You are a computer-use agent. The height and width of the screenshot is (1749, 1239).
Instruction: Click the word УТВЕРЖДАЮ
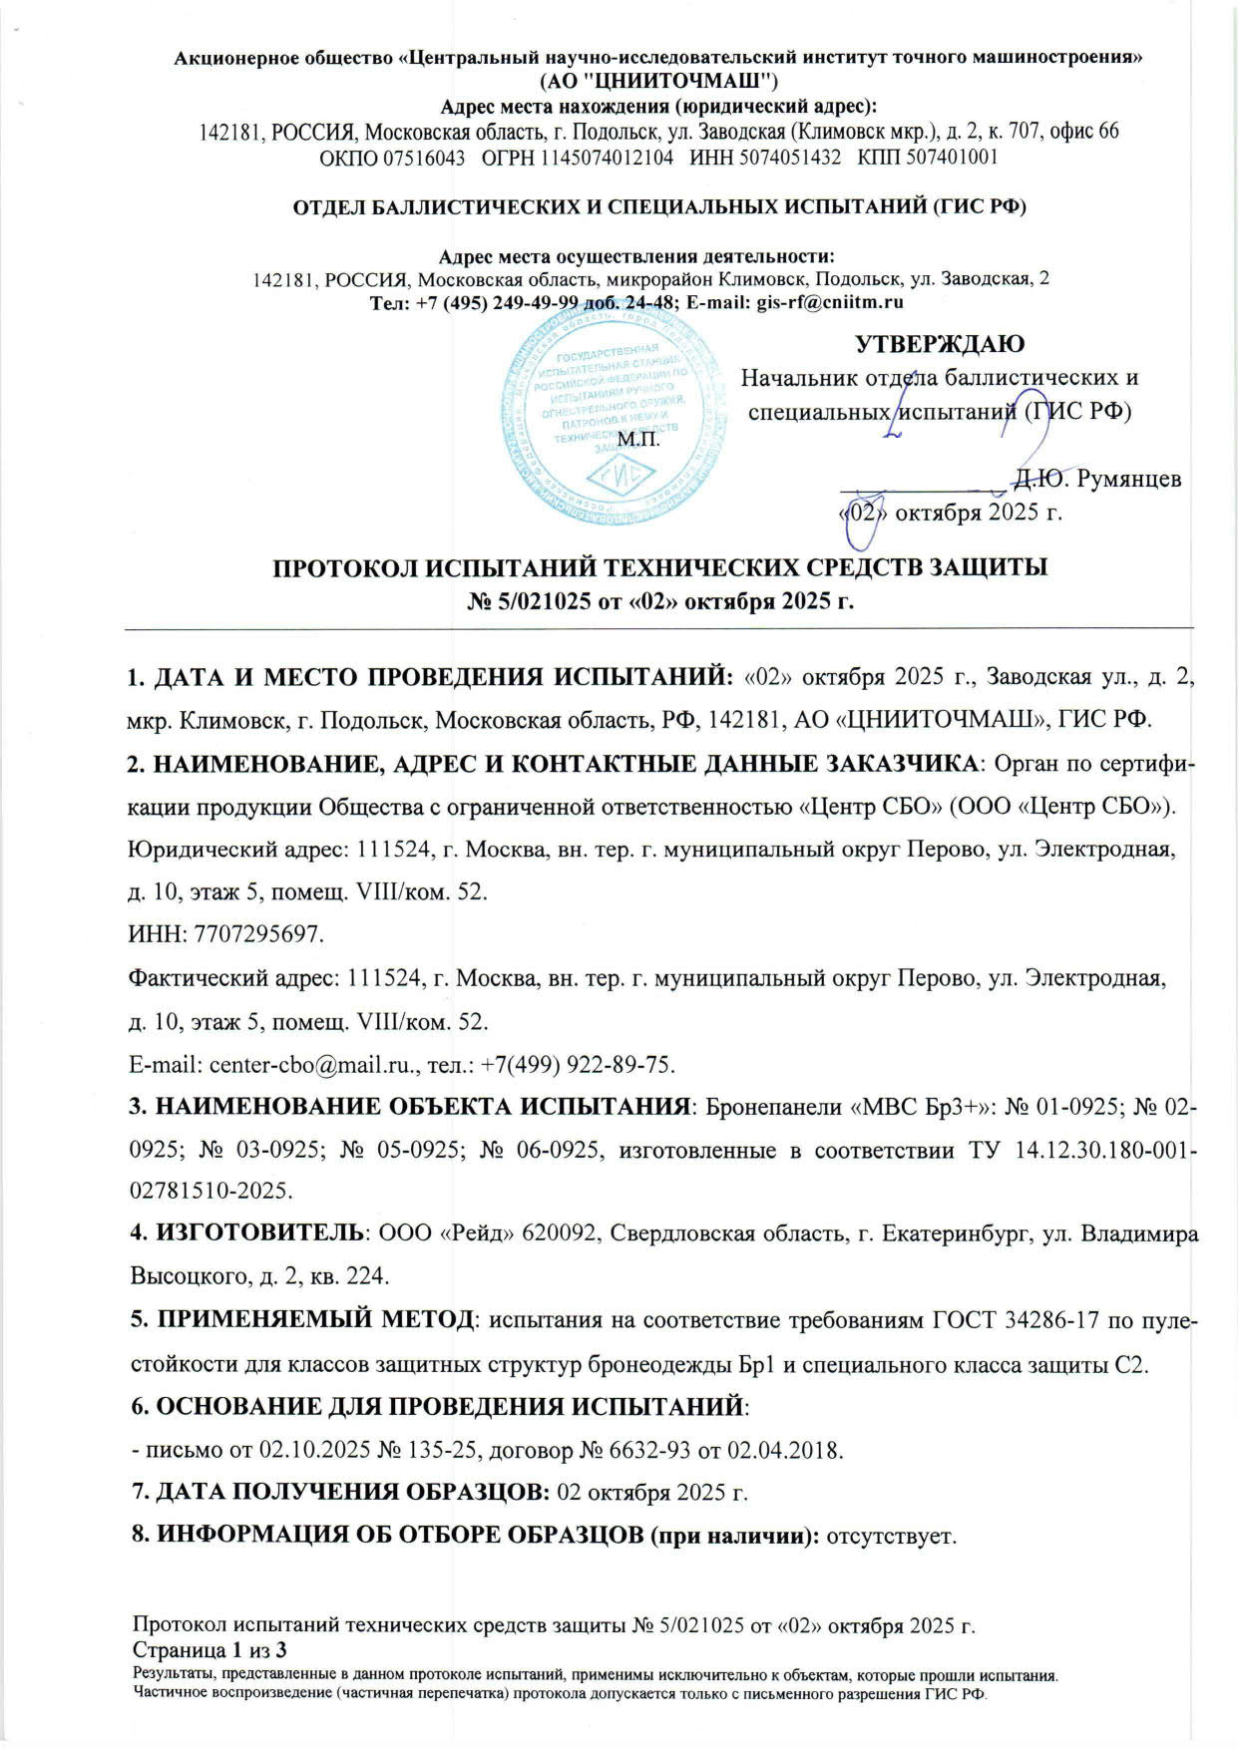[940, 344]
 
